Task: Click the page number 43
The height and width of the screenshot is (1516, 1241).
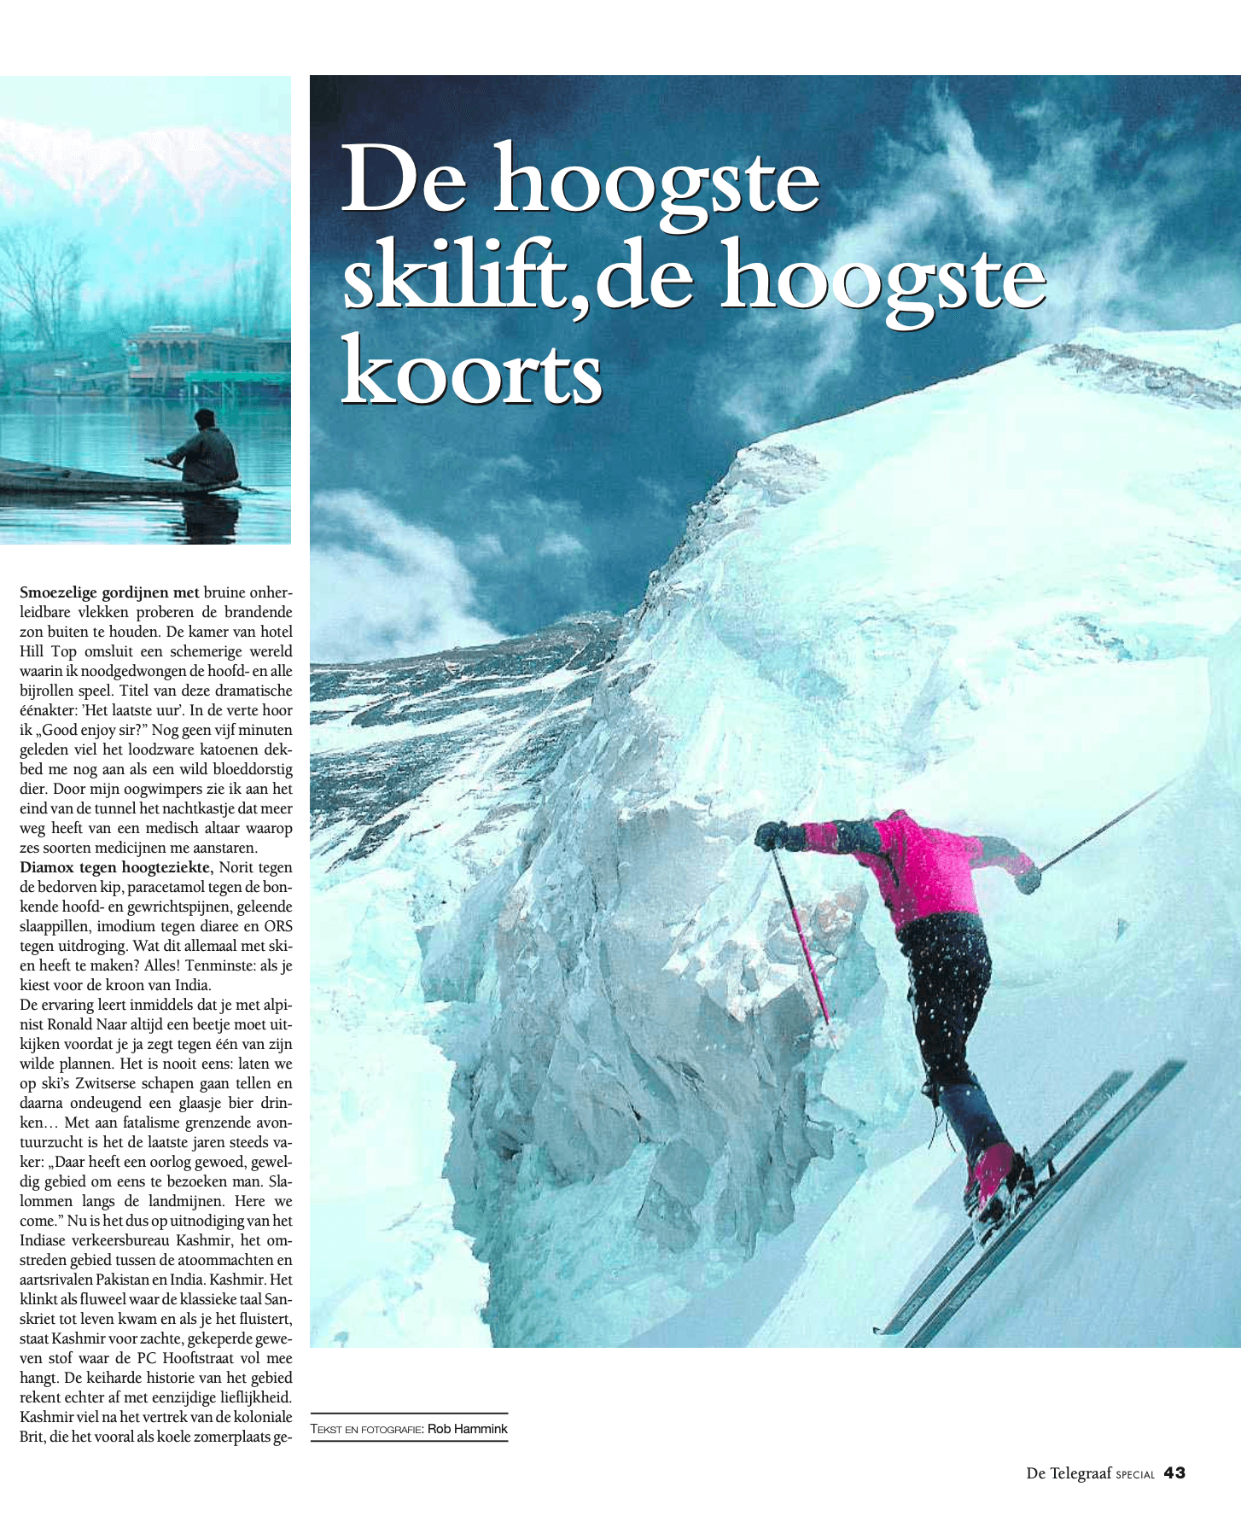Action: point(1174,1472)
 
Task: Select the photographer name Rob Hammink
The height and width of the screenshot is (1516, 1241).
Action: point(467,1429)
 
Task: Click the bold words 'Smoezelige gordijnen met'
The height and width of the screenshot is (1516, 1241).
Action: point(109,592)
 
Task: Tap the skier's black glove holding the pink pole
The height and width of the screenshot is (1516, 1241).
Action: point(772,835)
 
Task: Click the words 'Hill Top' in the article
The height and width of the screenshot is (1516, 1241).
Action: point(48,651)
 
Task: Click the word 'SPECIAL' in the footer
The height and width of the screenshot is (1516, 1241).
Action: point(1134,1475)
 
